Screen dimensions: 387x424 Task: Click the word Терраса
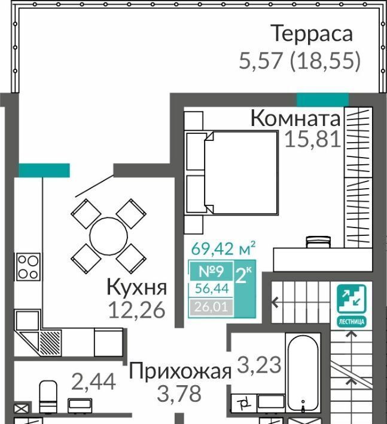tap(312, 33)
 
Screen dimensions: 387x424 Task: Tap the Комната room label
tap(295, 118)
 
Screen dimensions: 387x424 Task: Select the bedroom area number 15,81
tap(313, 139)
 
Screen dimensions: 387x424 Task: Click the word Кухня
tap(137, 287)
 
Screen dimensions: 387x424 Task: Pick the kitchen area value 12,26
tap(137, 310)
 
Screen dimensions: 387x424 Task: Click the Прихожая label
tap(180, 371)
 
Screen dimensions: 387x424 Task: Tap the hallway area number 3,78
tap(179, 394)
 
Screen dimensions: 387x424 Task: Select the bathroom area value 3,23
tap(259, 365)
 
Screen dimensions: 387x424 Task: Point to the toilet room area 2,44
tap(94, 382)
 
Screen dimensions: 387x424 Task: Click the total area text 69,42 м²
tap(223, 248)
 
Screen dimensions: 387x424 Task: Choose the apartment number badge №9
tap(211, 271)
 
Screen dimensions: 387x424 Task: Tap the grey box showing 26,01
tap(211, 307)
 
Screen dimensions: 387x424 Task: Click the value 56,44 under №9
tap(212, 289)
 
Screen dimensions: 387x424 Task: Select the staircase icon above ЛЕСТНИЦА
tap(352, 299)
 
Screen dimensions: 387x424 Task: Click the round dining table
tap(108, 236)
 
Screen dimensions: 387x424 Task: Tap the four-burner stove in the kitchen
tap(29, 266)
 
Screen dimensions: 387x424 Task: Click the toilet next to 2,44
tap(48, 397)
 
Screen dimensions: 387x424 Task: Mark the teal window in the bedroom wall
tap(322, 100)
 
